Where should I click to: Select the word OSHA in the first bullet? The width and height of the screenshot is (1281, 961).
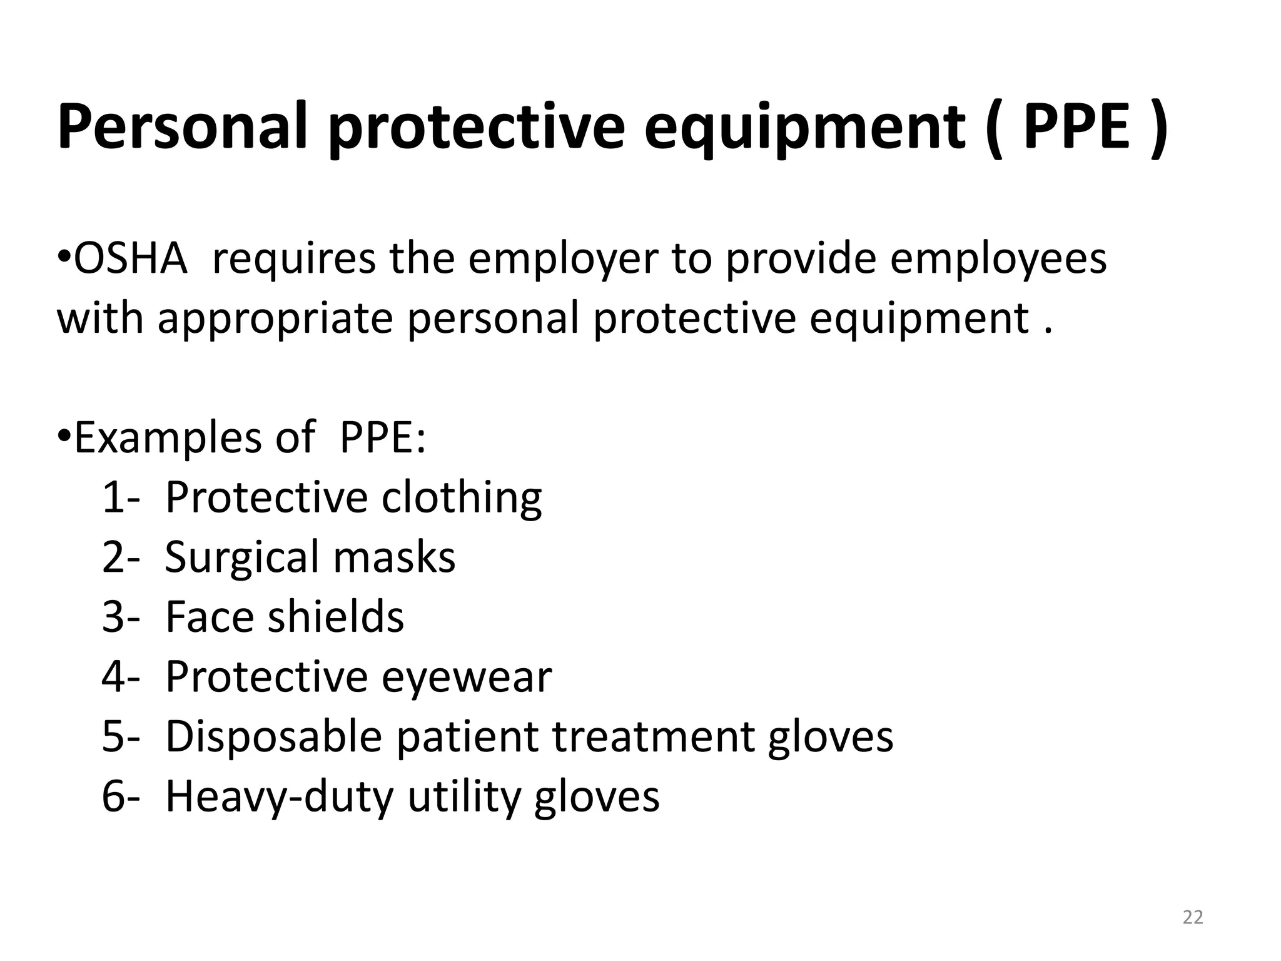coord(130,258)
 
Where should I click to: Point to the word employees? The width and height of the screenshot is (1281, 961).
coord(998,258)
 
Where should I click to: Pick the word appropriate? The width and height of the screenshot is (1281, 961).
coord(275,318)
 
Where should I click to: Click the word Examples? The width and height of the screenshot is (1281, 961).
coord(168,437)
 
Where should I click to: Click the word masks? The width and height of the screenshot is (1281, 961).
coord(394,557)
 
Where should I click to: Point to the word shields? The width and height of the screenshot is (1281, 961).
coord(336,616)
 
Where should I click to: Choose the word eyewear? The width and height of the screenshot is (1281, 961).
coord(467,677)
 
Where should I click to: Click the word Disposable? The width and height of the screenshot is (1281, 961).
coord(273,736)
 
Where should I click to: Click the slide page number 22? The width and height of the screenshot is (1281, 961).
coord(1193,918)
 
